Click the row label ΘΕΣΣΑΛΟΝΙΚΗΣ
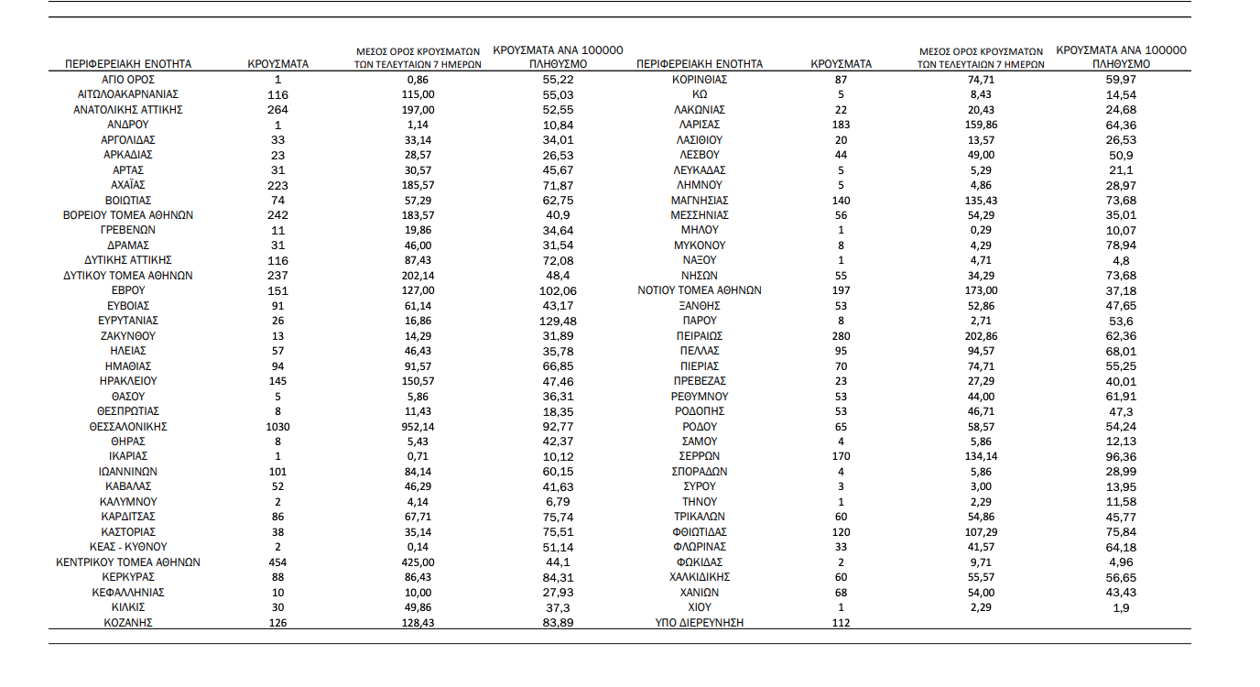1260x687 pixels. point(128,427)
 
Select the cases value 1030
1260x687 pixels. point(277,427)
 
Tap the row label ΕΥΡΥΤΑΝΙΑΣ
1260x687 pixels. point(128,321)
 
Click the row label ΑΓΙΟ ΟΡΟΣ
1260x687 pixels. point(128,80)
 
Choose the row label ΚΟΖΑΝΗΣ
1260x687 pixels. point(128,623)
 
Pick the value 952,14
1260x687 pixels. point(417,427)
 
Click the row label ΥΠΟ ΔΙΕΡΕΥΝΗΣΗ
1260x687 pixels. point(699,623)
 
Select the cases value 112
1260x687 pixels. point(841,623)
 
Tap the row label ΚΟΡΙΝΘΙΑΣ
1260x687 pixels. point(699,80)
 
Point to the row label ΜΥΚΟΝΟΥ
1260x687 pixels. point(699,245)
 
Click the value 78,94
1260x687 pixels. point(1121,245)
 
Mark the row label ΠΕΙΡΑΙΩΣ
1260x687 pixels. point(699,336)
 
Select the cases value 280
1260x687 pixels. point(841,336)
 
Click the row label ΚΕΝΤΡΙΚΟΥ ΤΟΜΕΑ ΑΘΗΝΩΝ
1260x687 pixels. point(128,562)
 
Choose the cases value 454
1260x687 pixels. point(277,562)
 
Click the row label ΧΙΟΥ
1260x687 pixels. point(699,607)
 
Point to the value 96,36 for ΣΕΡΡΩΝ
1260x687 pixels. point(1121,456)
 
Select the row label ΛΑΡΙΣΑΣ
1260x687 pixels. point(699,125)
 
